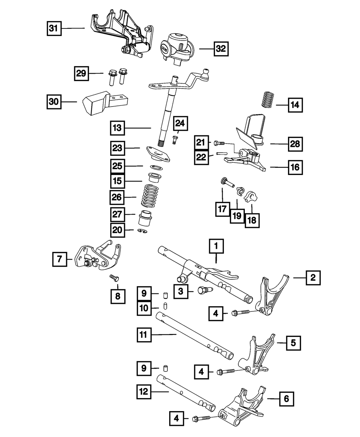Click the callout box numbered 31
tap(54, 28)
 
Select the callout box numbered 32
tap(221, 48)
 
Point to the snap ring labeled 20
tap(143, 230)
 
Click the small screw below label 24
tap(175, 139)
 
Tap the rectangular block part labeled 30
tap(94, 103)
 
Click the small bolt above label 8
tap(115, 278)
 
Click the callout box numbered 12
tap(144, 392)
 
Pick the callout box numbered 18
tap(252, 219)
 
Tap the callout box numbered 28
tap(295, 144)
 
